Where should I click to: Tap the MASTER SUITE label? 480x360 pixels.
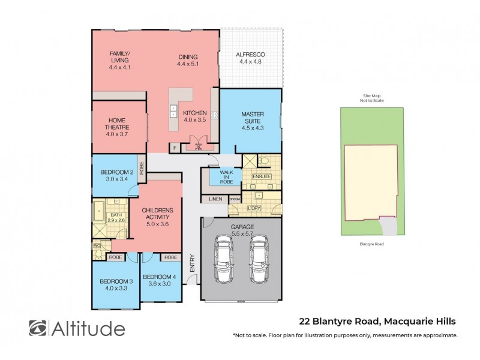coord(253,114)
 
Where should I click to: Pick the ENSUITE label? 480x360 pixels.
coord(262,176)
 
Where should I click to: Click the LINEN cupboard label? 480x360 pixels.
coord(215,199)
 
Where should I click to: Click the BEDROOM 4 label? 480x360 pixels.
coord(159,276)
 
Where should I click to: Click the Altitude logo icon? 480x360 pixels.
coord(38,328)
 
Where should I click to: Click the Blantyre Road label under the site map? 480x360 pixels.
coord(372,244)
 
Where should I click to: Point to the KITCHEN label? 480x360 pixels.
coord(194,112)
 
